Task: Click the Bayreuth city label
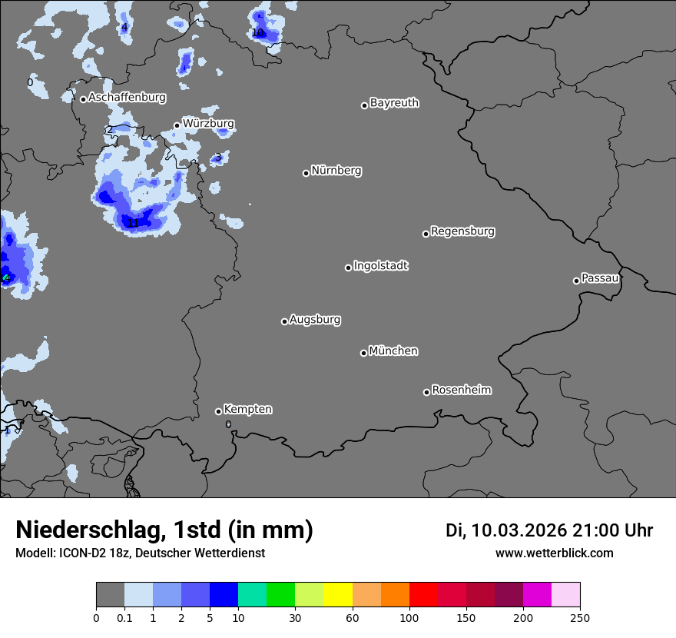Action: tap(394, 103)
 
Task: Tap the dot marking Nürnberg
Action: tap(306, 173)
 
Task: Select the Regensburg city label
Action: tap(462, 231)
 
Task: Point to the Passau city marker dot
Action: tap(576, 281)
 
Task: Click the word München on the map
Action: tap(393, 351)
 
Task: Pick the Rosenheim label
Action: tap(461, 390)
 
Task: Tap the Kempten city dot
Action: tap(218, 411)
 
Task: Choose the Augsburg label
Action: tap(315, 320)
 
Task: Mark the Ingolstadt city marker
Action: tap(348, 267)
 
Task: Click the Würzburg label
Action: tap(208, 124)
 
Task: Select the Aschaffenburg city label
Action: tap(127, 98)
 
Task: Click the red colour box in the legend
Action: tap(423, 595)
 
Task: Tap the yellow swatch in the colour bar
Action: tap(338, 595)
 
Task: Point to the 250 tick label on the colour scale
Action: tap(580, 617)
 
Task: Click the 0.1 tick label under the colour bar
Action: tap(124, 617)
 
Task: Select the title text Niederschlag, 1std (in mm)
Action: tap(164, 530)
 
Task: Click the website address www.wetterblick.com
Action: tap(555, 553)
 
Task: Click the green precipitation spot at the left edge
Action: tap(5, 277)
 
